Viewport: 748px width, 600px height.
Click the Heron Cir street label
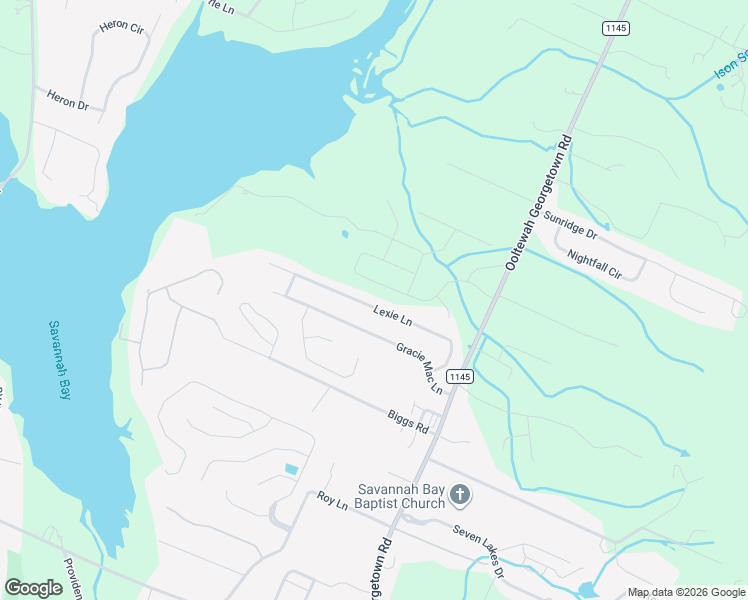point(122,28)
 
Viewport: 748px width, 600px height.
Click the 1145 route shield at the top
point(615,29)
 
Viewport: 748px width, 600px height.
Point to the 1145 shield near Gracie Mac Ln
point(459,376)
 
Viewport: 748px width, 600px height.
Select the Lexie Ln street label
point(393,315)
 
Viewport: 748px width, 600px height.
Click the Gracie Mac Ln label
point(419,367)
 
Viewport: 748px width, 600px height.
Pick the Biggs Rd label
point(409,421)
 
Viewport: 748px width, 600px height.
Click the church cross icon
point(459,493)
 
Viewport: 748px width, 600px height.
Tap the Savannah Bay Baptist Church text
point(401,496)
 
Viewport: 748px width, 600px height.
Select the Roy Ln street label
point(331,501)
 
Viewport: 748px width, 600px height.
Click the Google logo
point(34,587)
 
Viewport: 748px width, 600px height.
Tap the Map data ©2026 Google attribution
point(686,592)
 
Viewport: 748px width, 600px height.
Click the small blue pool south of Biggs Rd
point(291,469)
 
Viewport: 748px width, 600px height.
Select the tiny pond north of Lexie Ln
point(344,236)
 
